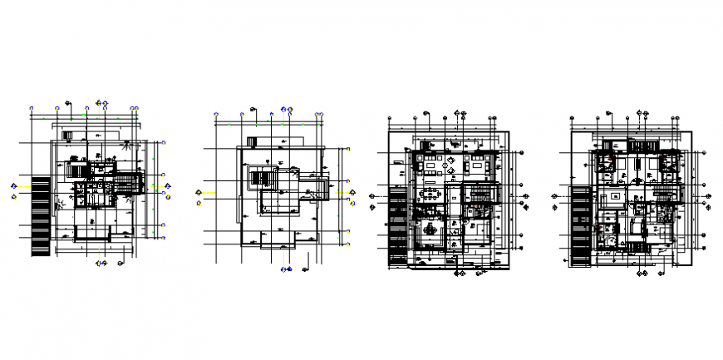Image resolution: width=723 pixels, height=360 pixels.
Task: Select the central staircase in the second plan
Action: pyautogui.click(x=265, y=180)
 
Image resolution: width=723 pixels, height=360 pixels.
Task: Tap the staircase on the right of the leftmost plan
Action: pyautogui.click(x=125, y=183)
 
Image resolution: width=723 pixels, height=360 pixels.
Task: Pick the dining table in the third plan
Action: pyautogui.click(x=430, y=195)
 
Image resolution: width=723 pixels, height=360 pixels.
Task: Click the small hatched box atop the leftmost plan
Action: pyautogui.click(x=71, y=136)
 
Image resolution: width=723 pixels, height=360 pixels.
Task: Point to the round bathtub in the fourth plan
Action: pyautogui.click(x=611, y=242)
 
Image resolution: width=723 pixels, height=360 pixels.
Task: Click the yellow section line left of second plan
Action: pyautogui.click(x=209, y=195)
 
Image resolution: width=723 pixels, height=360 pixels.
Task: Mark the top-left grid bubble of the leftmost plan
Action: pyautogui.click(x=32, y=108)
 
